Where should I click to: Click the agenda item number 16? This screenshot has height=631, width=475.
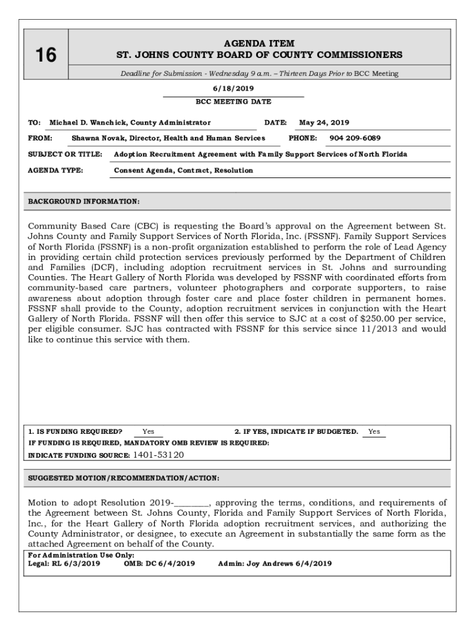[46, 55]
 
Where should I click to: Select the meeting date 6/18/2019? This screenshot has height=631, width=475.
[233, 88]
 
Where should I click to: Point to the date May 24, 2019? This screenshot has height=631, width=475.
[324, 123]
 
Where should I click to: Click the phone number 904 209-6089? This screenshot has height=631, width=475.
[355, 138]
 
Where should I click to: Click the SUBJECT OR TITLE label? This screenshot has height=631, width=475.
[65, 154]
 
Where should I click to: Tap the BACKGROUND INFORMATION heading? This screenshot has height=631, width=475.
[84, 202]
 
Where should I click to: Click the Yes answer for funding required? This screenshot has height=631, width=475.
[148, 432]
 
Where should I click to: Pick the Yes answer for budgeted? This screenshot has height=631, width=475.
[374, 432]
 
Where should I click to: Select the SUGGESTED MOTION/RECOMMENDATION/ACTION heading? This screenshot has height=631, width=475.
[124, 478]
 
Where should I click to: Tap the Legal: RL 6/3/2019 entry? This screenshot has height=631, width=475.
[64, 563]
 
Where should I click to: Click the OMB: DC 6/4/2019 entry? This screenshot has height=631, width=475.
[159, 563]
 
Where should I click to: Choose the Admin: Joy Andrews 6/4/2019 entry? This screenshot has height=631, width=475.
[275, 563]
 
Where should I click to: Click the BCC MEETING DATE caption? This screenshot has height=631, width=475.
[233, 102]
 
